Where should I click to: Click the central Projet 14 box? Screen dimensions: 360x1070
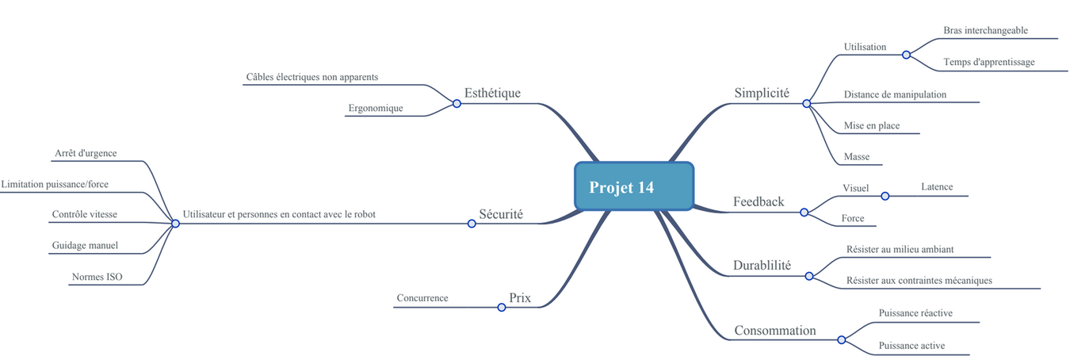pyautogui.click(x=633, y=187)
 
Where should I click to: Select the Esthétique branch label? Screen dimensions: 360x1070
pyautogui.click(x=492, y=93)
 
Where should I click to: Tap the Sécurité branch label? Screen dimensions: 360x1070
pyautogui.click(x=501, y=214)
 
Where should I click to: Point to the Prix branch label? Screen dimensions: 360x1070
pyautogui.click(x=520, y=298)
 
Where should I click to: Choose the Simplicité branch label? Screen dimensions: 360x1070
pyautogui.click(x=762, y=93)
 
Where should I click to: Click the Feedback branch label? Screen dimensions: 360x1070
pyautogui.click(x=759, y=201)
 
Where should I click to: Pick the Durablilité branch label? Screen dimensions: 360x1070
pyautogui.click(x=762, y=266)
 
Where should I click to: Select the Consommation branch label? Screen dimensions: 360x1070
pyautogui.click(x=774, y=331)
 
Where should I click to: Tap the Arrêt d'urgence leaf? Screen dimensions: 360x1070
pyautogui.click(x=86, y=153)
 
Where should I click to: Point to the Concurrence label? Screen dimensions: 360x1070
pyautogui.click(x=422, y=298)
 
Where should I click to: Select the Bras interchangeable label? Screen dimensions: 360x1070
pyautogui.click(x=985, y=30)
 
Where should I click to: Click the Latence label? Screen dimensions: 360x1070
pyautogui.click(x=937, y=187)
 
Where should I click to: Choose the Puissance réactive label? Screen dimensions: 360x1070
pyautogui.click(x=915, y=313)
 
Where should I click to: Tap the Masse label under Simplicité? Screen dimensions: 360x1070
pyautogui.click(x=857, y=157)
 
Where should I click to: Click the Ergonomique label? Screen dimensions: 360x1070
pyautogui.click(x=376, y=108)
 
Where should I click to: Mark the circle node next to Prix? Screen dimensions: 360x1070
pyautogui.click(x=501, y=307)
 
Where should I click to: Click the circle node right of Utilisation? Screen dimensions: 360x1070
pyautogui.click(x=906, y=55)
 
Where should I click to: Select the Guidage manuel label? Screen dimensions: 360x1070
pyautogui.click(x=85, y=246)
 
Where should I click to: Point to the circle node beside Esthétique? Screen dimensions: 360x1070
pyautogui.click(x=457, y=103)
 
